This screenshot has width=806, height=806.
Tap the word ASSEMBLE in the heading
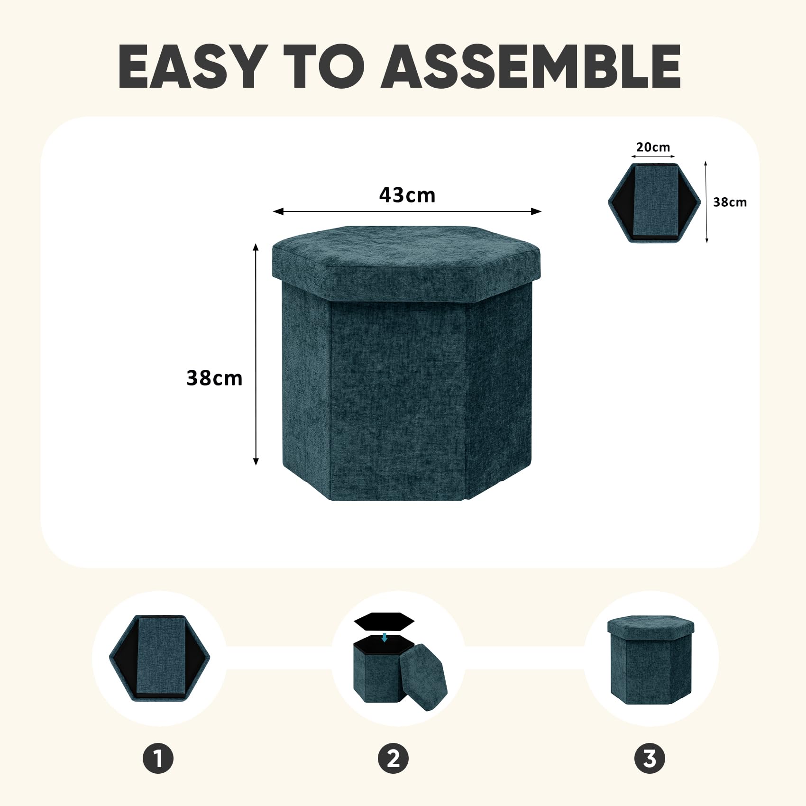coord(531,66)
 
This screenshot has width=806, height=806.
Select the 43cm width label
coord(407,195)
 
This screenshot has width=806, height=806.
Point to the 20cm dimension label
coord(653,147)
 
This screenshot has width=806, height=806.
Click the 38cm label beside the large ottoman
coord(214,378)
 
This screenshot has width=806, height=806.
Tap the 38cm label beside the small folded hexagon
coord(730,202)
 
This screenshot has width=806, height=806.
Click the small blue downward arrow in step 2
coord(385,637)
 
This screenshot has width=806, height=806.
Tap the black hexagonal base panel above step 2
coord(384,621)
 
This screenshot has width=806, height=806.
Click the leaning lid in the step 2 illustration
coord(423,677)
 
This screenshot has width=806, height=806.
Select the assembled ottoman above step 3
coord(650,659)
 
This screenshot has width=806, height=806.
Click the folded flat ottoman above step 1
coord(160,658)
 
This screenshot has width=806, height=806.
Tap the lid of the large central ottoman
coord(406,262)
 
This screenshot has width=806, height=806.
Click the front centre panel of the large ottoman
coord(398,398)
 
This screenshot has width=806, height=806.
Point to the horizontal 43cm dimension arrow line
coord(407,211)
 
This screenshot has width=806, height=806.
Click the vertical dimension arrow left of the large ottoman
coord(256,354)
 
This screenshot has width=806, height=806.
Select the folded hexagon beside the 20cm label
coord(654,203)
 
